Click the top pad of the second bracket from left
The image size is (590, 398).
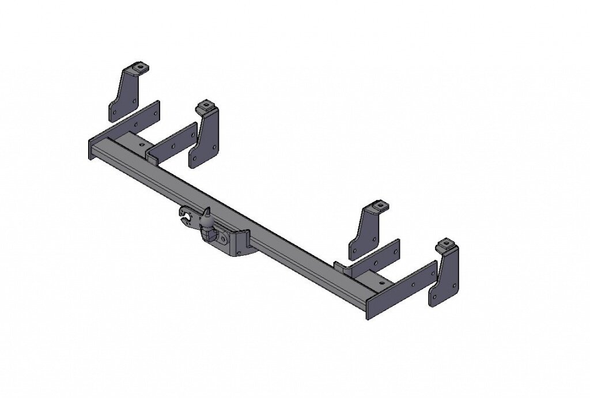[x=205, y=107]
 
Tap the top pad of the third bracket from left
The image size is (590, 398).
[x=379, y=206]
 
